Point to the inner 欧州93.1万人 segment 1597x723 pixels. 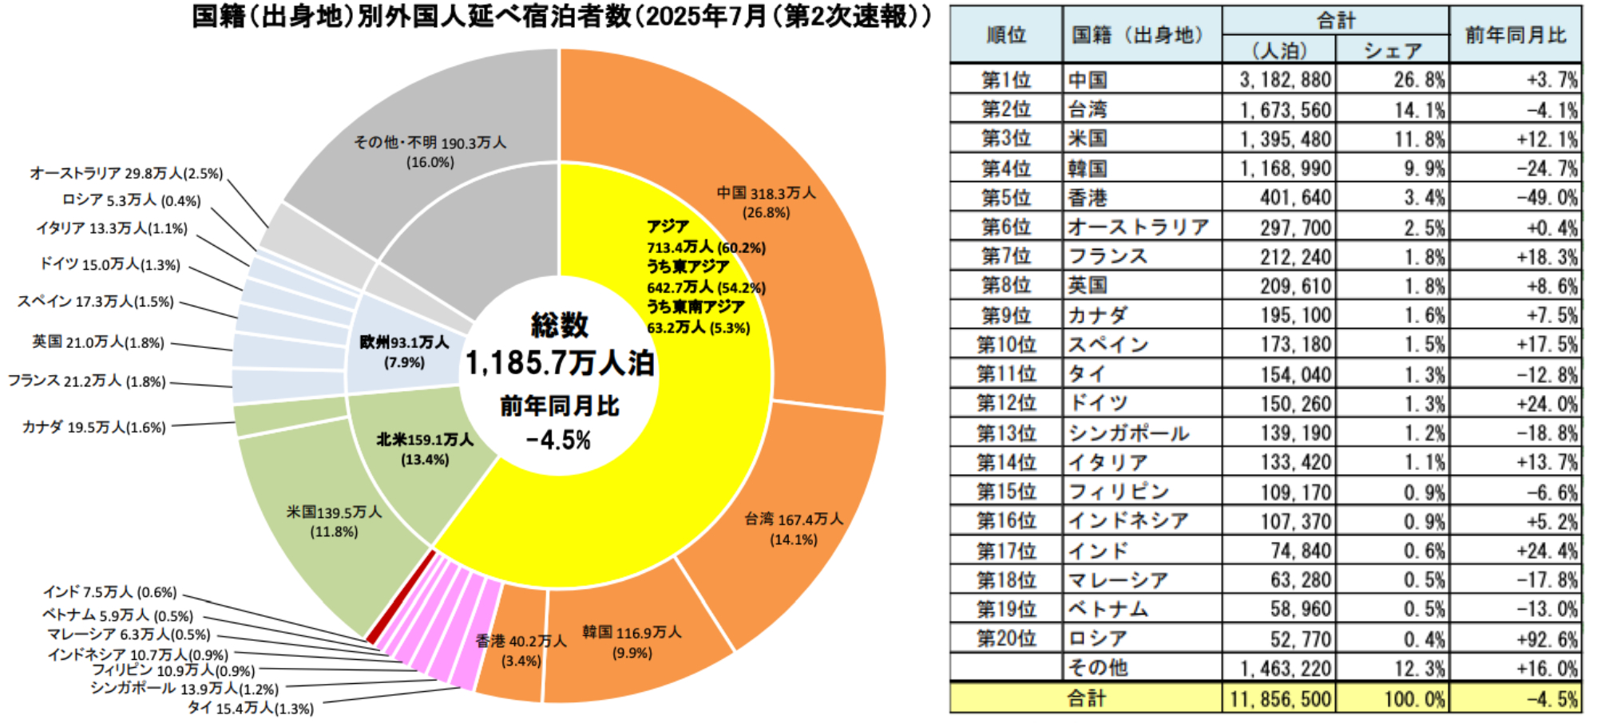click(403, 352)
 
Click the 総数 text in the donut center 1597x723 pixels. click(560, 325)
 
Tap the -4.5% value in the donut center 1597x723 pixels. click(559, 440)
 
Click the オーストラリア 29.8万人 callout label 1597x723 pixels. click(126, 173)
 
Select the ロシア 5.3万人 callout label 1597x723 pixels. click(131, 200)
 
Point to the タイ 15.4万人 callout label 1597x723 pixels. click(250, 708)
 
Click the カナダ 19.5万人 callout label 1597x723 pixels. click(93, 427)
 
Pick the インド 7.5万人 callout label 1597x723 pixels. click(109, 592)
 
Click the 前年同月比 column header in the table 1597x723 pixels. click(1515, 34)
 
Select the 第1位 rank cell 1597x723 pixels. click(1005, 80)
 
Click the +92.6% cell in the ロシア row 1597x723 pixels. click(1547, 639)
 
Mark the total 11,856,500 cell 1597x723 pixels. click(1280, 699)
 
